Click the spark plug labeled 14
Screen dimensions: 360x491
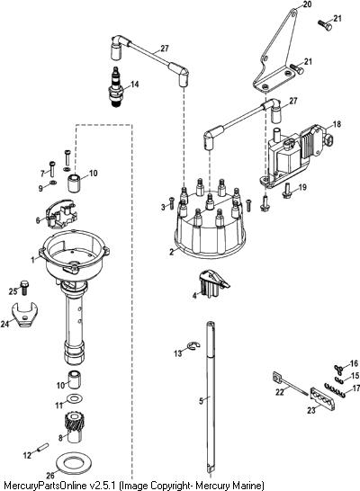pos(116,86)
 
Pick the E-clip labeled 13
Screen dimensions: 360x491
pos(193,346)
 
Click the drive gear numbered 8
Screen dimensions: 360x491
pos(73,427)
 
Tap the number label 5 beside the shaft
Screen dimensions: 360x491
pos(201,401)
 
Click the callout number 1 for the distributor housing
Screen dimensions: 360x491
pos(33,260)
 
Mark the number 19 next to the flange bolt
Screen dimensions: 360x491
pos(302,188)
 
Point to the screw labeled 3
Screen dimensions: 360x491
pos(171,203)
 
